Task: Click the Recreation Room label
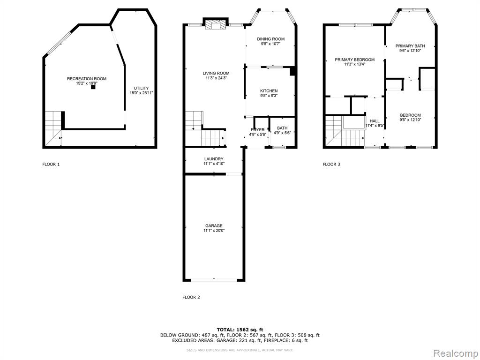click(87, 79)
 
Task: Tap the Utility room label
click(141, 88)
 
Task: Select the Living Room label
click(216, 73)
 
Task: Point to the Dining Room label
click(270, 39)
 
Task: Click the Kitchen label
click(269, 91)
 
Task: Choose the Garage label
click(214, 226)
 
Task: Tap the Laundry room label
click(214, 159)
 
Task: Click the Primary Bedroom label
click(354, 60)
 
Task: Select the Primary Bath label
click(410, 46)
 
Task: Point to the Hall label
click(375, 121)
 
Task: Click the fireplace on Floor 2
click(216, 24)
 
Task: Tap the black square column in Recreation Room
click(93, 87)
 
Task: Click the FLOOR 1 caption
click(51, 165)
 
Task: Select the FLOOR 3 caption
click(331, 165)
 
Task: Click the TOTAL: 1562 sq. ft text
click(240, 330)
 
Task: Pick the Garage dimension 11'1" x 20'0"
click(214, 231)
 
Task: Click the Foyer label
click(257, 130)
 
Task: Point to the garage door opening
click(214, 280)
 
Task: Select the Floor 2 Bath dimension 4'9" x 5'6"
click(282, 133)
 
